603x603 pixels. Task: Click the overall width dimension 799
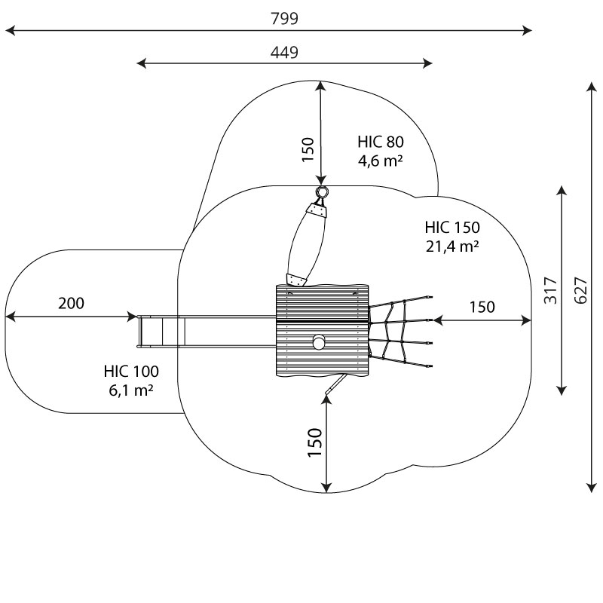284,19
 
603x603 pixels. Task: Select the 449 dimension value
284,52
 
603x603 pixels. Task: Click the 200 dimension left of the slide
71,304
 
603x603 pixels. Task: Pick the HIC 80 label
381,142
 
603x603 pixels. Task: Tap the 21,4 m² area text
451,245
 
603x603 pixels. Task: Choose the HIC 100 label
131,372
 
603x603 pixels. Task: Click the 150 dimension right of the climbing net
482,307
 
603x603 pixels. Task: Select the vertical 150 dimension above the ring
308,149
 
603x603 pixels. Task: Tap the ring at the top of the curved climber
322,192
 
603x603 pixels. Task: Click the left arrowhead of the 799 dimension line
9,31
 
